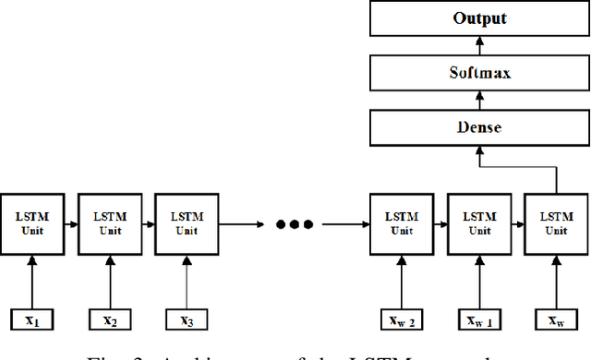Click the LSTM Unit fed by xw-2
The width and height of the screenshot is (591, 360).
[401, 223]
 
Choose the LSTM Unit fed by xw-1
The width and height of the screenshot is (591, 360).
[478, 223]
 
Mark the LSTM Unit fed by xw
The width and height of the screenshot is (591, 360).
[556, 223]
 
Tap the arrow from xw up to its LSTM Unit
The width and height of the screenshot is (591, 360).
[556, 281]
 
